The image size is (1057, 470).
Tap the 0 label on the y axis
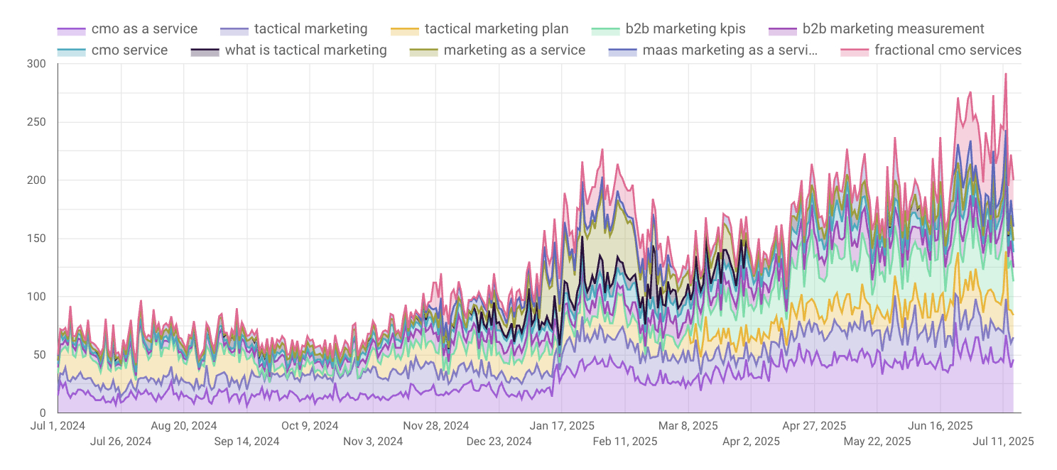tap(42, 412)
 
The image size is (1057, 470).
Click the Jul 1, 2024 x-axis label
tap(58, 426)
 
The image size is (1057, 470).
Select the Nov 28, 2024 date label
tap(435, 426)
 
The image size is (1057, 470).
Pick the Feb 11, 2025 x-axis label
tap(624, 442)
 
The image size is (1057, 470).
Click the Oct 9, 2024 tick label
tap(310, 426)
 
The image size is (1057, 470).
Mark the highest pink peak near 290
tap(1005, 74)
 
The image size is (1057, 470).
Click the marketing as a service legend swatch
tap(424, 50)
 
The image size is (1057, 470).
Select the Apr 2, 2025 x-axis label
tap(750, 442)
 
